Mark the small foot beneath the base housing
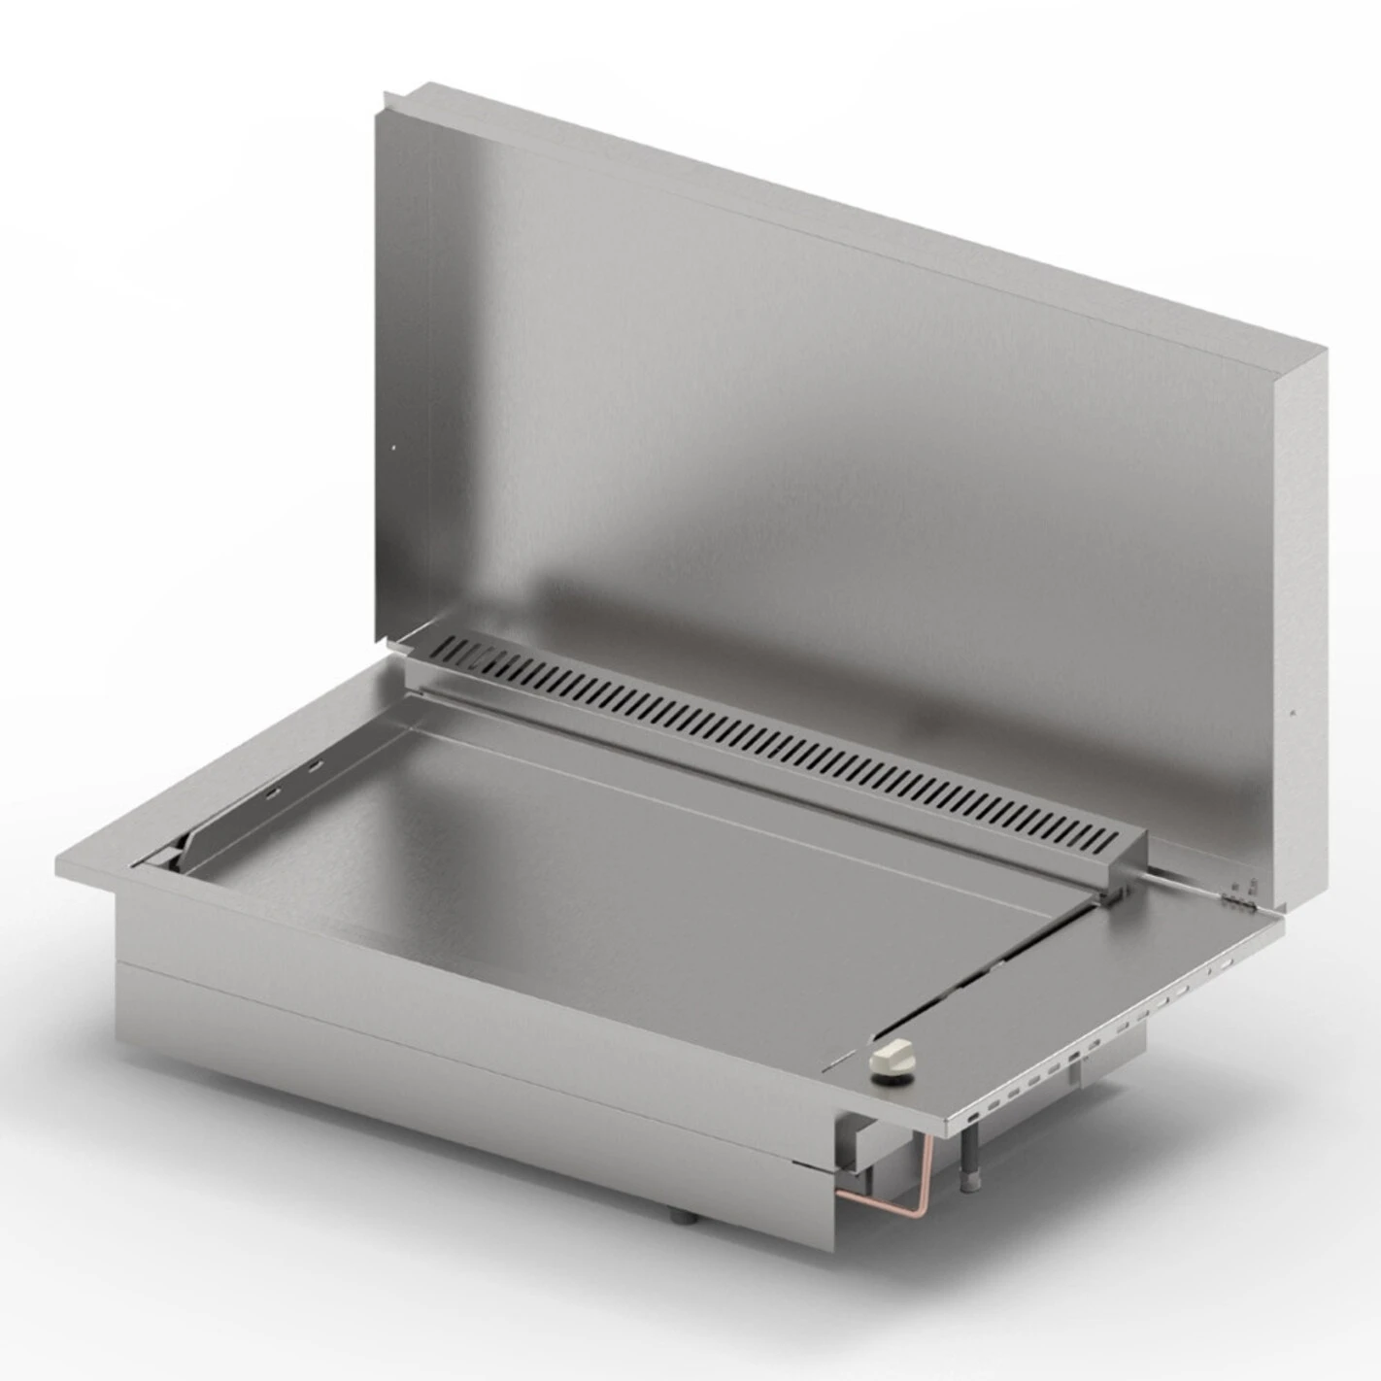(681, 1217)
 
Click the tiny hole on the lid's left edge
(393, 448)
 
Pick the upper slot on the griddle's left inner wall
(316, 767)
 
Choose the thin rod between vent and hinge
(1180, 880)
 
